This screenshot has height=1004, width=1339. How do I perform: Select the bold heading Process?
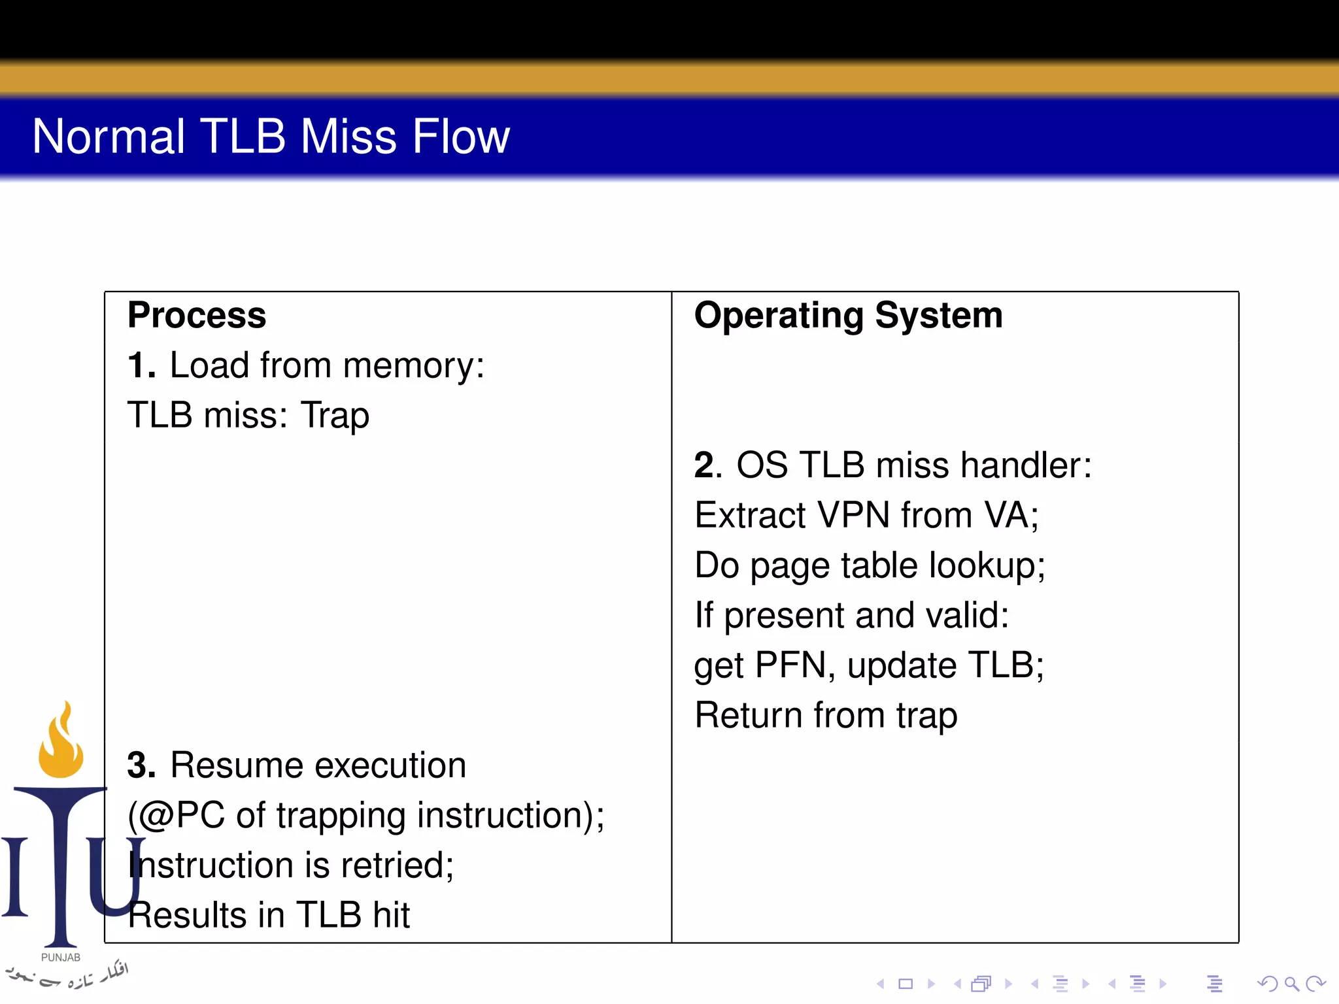tap(197, 315)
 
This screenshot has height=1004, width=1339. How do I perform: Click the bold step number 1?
tap(140, 365)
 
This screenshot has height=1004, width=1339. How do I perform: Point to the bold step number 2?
tap(707, 465)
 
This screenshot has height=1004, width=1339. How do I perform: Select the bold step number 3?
tap(140, 765)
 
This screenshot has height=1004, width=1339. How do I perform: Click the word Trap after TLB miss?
tap(335, 416)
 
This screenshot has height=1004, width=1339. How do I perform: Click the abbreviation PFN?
tap(790, 665)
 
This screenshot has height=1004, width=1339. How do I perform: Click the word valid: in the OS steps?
tap(967, 615)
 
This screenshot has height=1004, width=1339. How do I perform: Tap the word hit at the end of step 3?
tap(391, 915)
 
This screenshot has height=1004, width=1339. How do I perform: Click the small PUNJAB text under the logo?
tap(61, 958)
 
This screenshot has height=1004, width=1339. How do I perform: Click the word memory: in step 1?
tap(413, 365)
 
